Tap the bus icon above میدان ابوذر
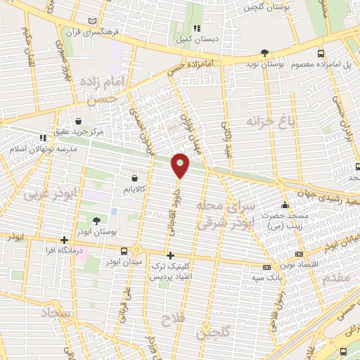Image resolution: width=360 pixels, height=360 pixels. [x=124, y=250]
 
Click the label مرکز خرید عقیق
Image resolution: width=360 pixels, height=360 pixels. [x=82, y=131]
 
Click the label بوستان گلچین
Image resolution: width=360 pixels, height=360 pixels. [x=267, y=8]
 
